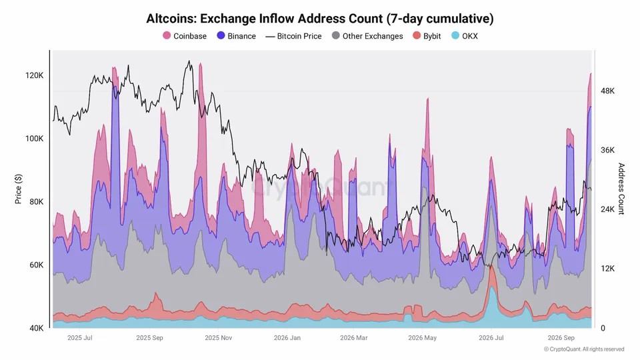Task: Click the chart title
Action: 319,19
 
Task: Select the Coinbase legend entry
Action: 185,36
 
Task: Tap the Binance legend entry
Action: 236,36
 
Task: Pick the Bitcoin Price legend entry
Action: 293,36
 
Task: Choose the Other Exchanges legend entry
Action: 367,36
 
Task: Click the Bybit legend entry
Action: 427,36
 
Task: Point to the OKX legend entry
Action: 465,36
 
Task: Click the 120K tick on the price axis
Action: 34,75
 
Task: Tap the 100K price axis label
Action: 34,139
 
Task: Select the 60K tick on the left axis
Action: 36,265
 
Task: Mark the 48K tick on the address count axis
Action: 607,91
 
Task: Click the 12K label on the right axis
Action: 607,269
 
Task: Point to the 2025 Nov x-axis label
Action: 219,338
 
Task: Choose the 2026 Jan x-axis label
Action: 287,338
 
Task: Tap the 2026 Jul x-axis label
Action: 491,338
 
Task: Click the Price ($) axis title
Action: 18,189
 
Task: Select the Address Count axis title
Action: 621,189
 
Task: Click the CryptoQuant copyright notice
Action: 584,349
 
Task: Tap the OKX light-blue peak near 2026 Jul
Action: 492,287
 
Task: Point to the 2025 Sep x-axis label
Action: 149,338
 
